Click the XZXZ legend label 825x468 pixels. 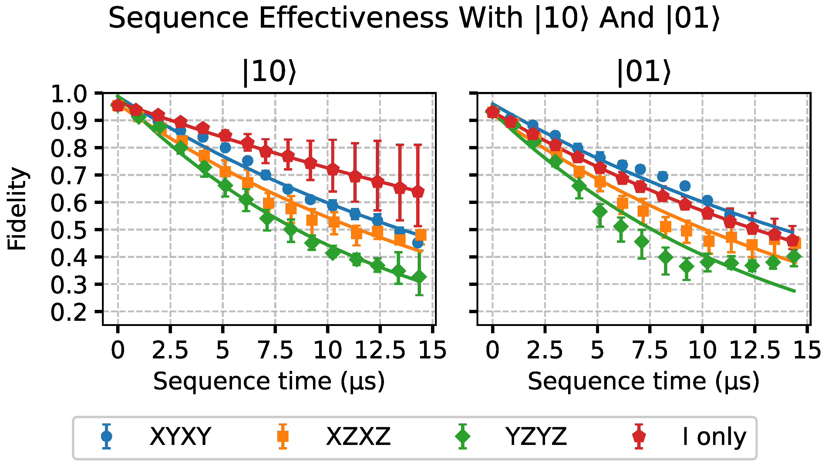point(358,436)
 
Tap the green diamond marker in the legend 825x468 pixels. point(463,436)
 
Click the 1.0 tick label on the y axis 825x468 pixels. point(69,95)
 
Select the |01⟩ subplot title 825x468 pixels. point(644,73)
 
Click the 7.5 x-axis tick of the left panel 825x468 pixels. point(275,350)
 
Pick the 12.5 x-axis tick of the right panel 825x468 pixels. point(754,350)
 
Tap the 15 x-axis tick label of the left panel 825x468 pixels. point(433,350)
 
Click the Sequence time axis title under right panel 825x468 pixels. point(644,382)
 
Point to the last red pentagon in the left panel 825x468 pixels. point(417,192)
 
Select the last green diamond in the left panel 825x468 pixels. point(419,277)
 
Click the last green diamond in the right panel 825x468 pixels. point(794,256)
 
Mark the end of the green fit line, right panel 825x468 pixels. point(794,291)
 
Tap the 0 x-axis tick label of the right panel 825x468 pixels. point(492,350)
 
